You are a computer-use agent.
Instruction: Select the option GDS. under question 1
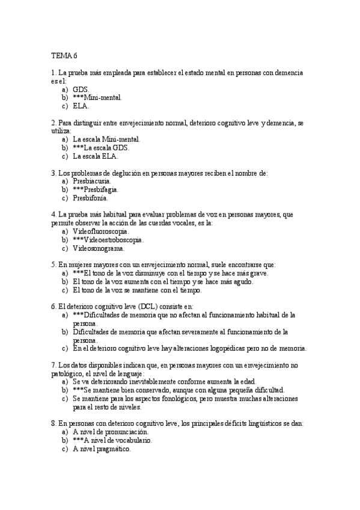pos(81,88)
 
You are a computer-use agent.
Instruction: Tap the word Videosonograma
pos(99,248)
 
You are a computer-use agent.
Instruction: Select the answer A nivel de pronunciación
pos(110,432)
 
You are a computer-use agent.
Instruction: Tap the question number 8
pos(53,423)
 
